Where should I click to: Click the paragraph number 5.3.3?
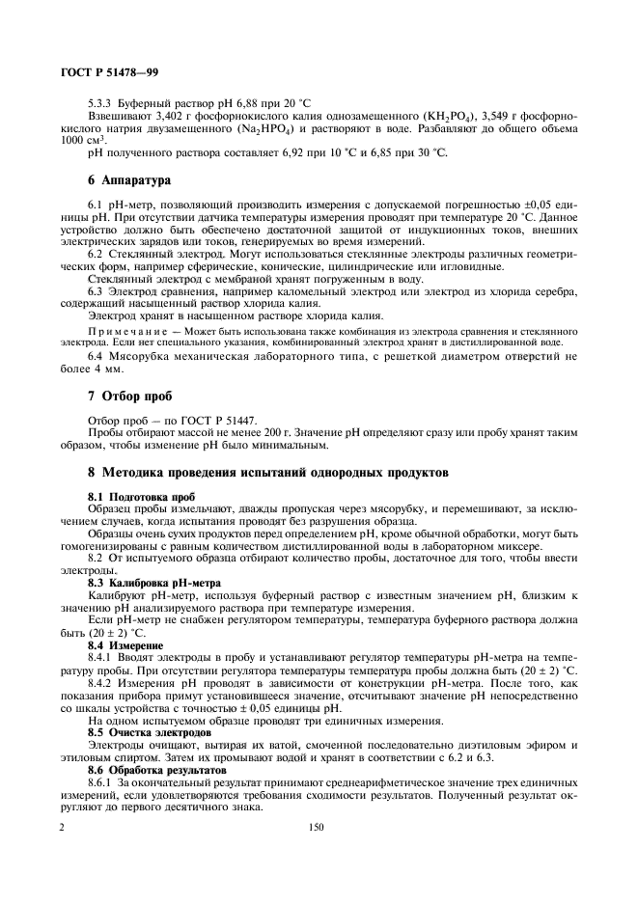click(x=101, y=102)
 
